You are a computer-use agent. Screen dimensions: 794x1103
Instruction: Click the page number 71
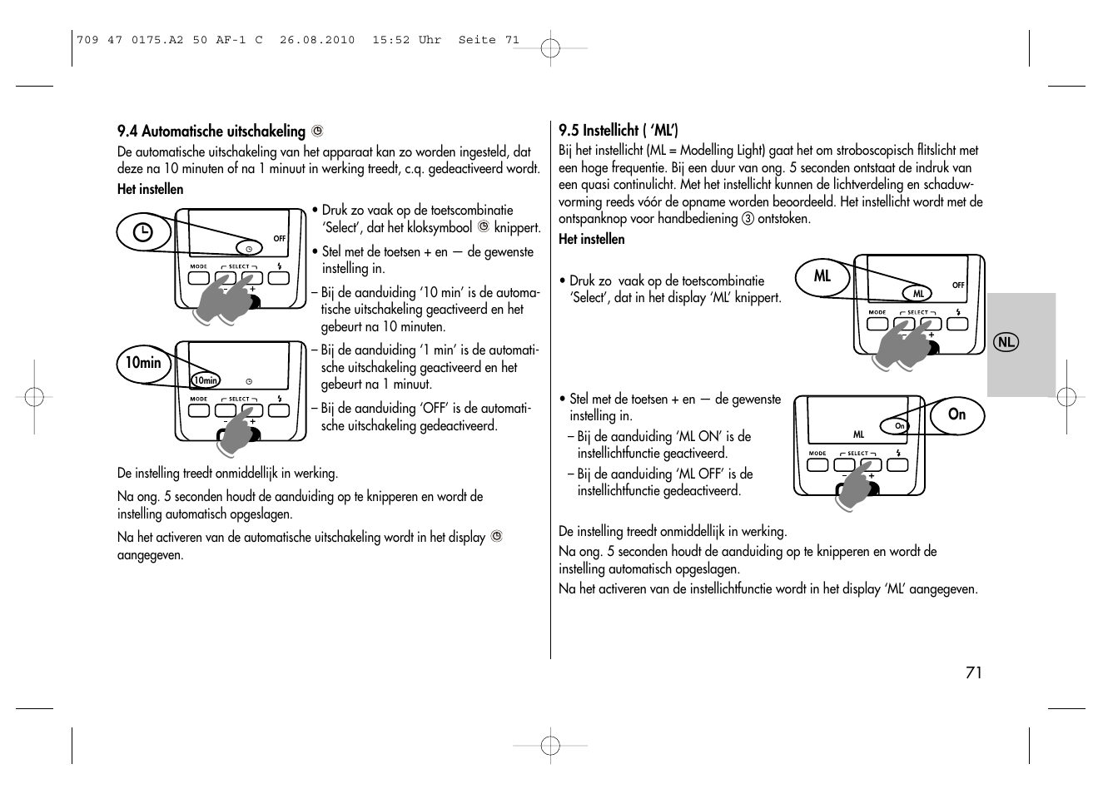pyautogui.click(x=973, y=672)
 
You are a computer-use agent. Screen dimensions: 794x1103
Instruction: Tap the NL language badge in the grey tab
pyautogui.click(x=1006, y=342)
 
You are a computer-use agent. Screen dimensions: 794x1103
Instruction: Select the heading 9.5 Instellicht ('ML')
pyautogui.click(x=618, y=130)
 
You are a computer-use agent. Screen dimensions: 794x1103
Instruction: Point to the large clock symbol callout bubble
pyautogui.click(x=143, y=233)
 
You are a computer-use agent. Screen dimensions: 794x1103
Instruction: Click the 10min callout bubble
pyautogui.click(x=144, y=363)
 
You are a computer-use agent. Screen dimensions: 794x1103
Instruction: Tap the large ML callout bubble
pyautogui.click(x=822, y=276)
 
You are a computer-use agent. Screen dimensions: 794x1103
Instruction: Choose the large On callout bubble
pyautogui.click(x=956, y=414)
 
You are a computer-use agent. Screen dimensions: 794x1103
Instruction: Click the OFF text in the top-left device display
pyautogui.click(x=280, y=239)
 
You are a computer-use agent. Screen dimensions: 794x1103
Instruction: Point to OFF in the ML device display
pyautogui.click(x=958, y=285)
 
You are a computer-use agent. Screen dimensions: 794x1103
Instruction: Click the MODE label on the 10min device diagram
pyautogui.click(x=198, y=399)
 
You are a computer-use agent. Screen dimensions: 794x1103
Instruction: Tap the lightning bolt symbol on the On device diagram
pyautogui.click(x=897, y=453)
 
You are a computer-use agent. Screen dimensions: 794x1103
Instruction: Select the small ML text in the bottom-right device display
pyautogui.click(x=858, y=434)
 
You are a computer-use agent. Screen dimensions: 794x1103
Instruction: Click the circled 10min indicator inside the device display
pyautogui.click(x=205, y=380)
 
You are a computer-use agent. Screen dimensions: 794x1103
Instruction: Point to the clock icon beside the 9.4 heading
pyautogui.click(x=316, y=131)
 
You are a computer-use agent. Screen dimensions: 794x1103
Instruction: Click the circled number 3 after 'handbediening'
pyautogui.click(x=747, y=219)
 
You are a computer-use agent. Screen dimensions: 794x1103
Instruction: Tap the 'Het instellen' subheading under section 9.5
pyautogui.click(x=591, y=239)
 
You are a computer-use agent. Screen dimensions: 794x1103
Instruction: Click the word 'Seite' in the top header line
pyautogui.click(x=477, y=40)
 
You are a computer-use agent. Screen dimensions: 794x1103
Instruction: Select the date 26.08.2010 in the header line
pyautogui.click(x=317, y=40)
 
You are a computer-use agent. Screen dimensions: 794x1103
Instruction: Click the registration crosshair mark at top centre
pyautogui.click(x=550, y=48)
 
